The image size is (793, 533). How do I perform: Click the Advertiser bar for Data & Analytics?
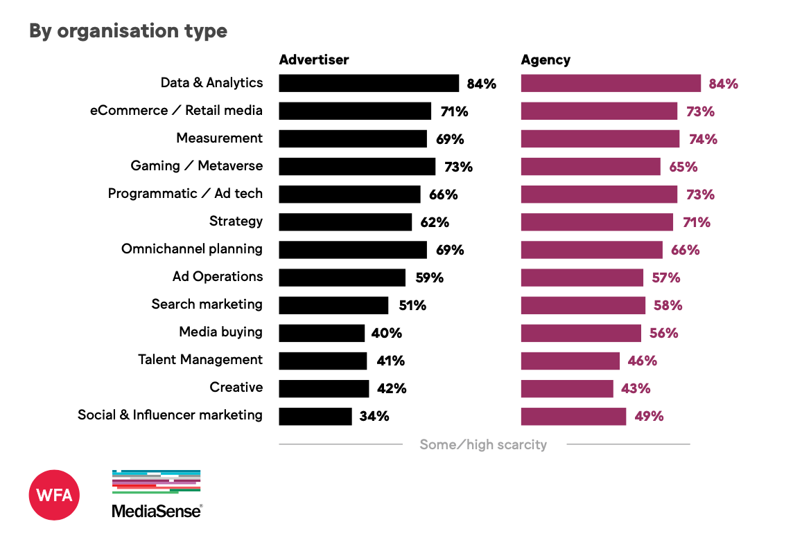coord(369,83)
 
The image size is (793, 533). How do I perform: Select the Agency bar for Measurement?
coord(600,138)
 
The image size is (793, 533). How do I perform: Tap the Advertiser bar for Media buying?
coord(322,333)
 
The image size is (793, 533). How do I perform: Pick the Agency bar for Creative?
coord(567,388)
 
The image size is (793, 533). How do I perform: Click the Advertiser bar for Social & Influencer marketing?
coord(315,416)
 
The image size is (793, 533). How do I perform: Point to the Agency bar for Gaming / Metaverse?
coord(591,166)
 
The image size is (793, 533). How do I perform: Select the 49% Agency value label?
coord(649,416)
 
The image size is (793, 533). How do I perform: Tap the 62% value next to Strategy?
coord(435,222)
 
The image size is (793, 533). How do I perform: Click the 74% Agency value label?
coord(703,139)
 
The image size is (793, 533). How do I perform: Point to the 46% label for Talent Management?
coord(643,361)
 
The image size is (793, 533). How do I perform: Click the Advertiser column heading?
coord(314,60)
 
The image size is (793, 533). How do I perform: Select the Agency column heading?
coord(546,60)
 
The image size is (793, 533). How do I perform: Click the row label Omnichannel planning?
coord(192,249)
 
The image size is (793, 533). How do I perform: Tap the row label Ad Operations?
coord(218,276)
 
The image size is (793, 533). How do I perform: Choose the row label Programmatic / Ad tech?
coord(185,193)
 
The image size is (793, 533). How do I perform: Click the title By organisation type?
coord(128,31)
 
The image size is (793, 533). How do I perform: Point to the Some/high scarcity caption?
coord(483,444)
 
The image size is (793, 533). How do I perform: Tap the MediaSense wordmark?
coord(157,511)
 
